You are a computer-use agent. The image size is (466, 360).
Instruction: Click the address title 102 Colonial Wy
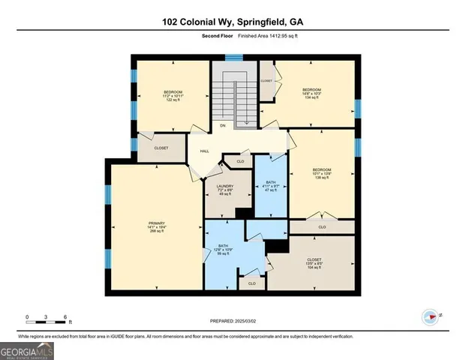(x=233, y=22)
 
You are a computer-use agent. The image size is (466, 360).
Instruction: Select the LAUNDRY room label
(x=225, y=190)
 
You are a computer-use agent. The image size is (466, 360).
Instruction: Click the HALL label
(x=204, y=151)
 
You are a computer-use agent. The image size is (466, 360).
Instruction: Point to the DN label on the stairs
(x=223, y=125)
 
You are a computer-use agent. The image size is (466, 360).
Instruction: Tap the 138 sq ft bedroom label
(x=323, y=174)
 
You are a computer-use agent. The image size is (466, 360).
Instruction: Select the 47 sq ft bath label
(x=270, y=186)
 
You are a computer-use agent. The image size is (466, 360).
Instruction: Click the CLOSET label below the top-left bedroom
(x=161, y=148)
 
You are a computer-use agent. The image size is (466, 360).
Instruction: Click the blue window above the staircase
(x=234, y=56)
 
